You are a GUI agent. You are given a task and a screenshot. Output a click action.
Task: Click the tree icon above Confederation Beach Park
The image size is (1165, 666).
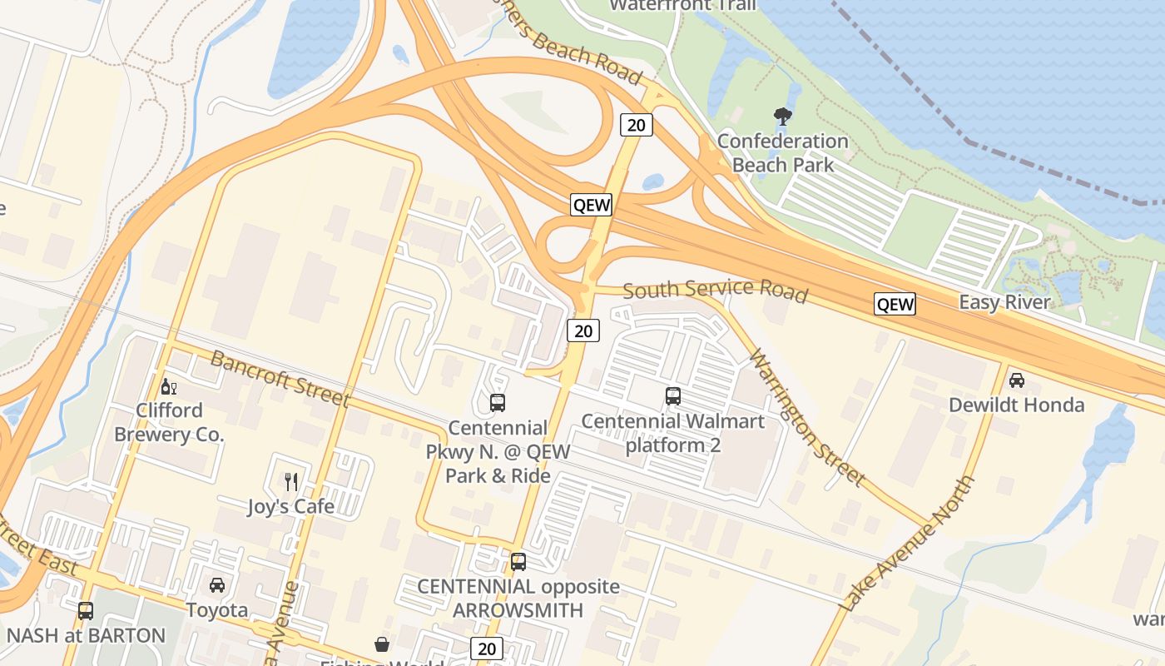pos(782,117)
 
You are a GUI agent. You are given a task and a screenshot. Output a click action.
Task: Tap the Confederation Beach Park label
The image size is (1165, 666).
pos(782,153)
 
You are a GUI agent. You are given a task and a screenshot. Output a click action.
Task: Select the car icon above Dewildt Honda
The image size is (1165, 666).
pos(1016,380)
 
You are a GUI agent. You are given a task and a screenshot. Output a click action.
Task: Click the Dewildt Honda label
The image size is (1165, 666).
pos(1017,405)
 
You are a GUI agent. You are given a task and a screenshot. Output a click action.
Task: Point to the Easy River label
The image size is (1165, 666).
pos(1005,302)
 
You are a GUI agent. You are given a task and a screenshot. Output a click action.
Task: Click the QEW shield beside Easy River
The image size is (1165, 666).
pos(895,304)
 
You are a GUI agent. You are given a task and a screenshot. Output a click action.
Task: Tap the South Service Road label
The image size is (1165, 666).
pos(715,290)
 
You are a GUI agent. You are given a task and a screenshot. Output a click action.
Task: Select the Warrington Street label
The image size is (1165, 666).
pos(806,417)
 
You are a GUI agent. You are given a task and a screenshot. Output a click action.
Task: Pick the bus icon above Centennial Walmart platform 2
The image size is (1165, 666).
pos(673,396)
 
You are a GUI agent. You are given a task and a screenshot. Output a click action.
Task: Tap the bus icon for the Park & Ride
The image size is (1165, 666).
pos(498,403)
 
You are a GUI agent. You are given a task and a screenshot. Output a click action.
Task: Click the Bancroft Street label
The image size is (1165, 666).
pos(280,379)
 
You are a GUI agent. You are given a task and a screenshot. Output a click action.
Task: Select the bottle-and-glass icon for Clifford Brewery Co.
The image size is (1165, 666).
pos(168,386)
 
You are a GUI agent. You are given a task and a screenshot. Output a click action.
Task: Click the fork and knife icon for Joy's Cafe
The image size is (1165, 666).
pos(291,481)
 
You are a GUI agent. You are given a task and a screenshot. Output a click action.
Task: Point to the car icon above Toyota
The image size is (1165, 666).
pos(217,585)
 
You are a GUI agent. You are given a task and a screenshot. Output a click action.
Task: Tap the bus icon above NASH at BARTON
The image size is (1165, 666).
pos(86,611)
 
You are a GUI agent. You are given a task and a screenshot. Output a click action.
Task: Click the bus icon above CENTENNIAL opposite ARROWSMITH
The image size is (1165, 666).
pos(518,562)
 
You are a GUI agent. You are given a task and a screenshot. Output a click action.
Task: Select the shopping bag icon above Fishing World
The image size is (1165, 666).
pos(382,644)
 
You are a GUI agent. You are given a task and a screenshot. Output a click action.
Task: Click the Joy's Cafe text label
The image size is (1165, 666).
pos(291,506)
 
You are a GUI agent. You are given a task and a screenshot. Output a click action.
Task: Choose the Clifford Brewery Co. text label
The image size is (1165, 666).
pos(169,423)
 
